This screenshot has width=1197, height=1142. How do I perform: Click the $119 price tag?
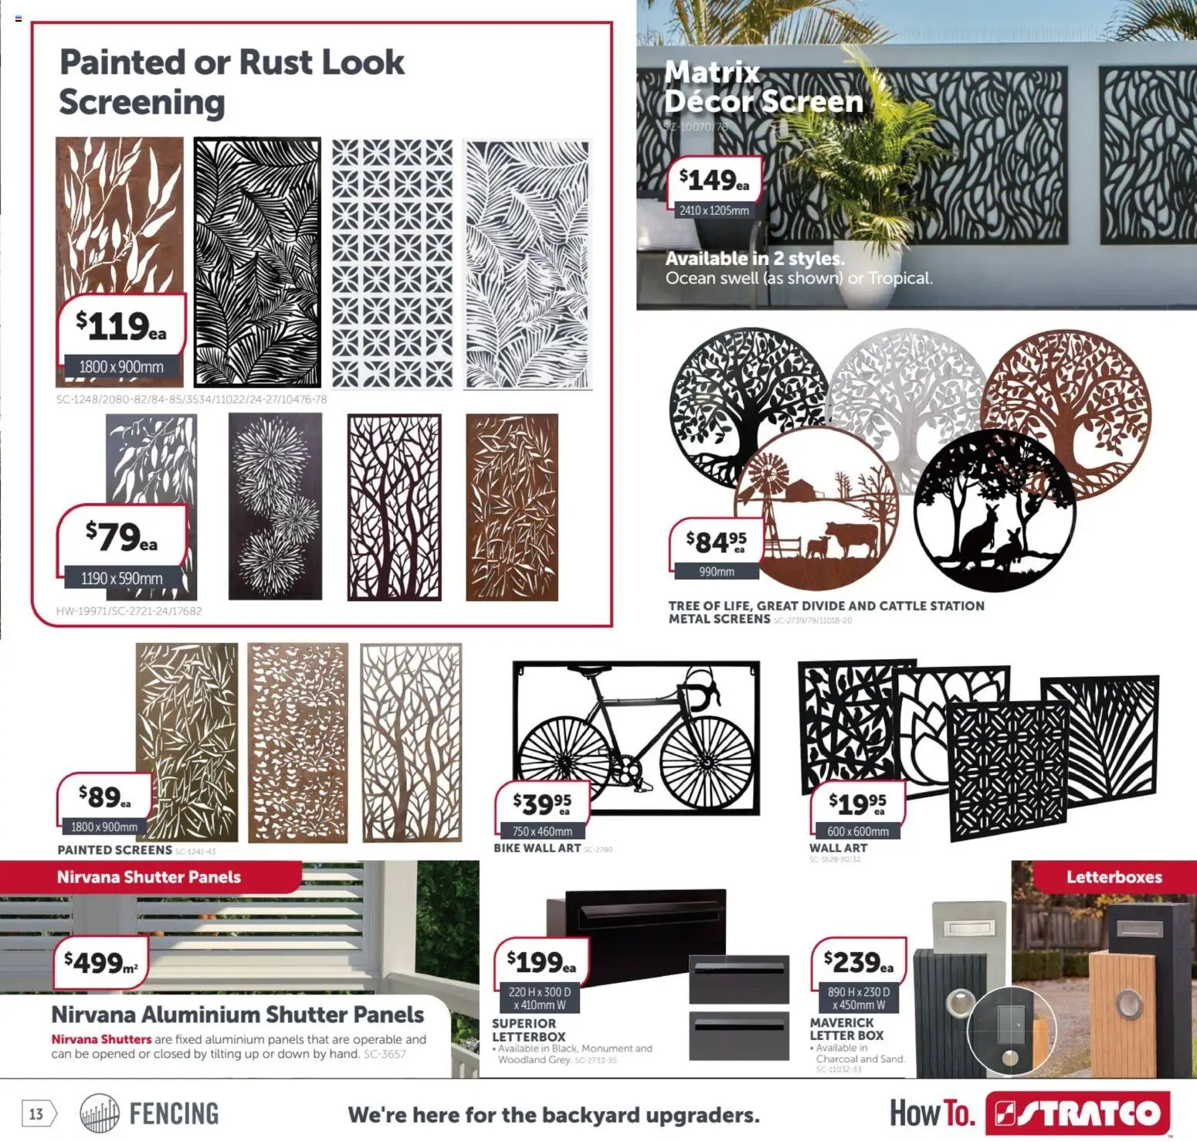click(121, 327)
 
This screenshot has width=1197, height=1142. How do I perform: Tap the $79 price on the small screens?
click(121, 536)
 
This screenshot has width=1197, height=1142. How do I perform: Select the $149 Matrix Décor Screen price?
click(714, 181)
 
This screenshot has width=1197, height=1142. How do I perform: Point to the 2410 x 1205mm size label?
click(714, 210)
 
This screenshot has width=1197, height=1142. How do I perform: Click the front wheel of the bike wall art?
click(706, 761)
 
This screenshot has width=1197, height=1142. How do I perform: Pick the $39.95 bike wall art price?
click(542, 804)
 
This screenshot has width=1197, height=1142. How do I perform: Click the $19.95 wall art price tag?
click(857, 804)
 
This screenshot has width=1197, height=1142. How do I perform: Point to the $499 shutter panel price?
click(100, 963)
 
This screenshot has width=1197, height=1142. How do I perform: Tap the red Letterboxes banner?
click(1114, 877)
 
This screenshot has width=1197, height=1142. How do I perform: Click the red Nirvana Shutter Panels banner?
click(149, 877)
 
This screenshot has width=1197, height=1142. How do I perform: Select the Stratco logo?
click(1078, 1113)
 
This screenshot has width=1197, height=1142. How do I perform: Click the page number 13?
click(36, 1113)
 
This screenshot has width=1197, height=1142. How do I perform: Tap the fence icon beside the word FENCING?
click(100, 1113)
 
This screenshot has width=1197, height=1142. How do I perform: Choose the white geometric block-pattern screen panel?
click(392, 263)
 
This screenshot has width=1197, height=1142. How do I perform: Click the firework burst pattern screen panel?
click(275, 506)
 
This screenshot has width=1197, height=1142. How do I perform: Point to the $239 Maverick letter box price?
click(858, 962)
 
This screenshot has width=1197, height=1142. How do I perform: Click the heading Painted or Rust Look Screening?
click(231, 82)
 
